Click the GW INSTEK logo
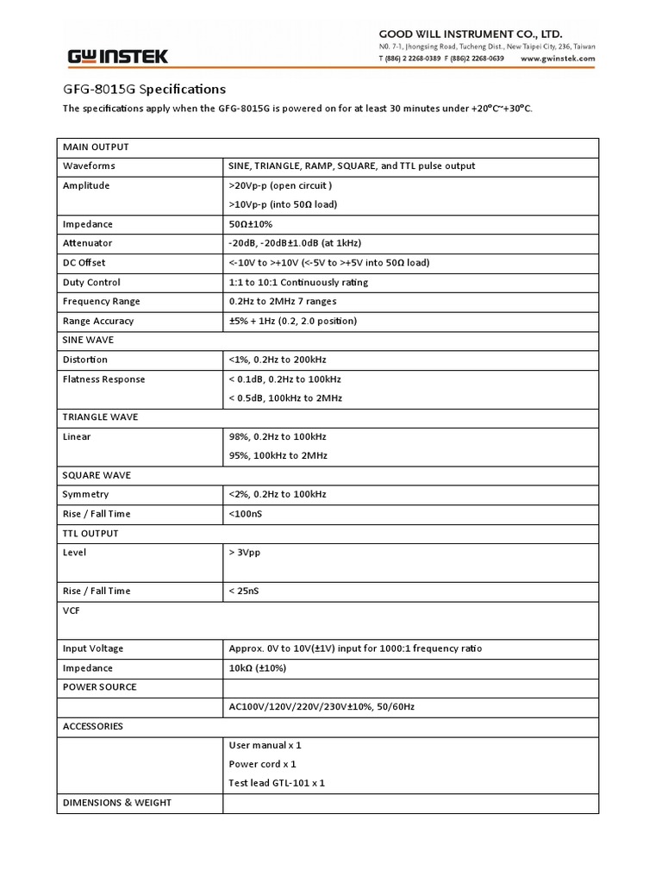click(118, 57)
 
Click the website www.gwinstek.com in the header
click(559, 59)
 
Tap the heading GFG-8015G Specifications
click(145, 89)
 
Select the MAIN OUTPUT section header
click(96, 147)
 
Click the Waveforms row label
click(89, 166)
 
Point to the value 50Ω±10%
click(250, 224)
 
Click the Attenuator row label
click(87, 243)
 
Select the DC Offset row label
click(84, 263)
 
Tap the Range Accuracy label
click(98, 321)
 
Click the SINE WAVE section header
click(88, 341)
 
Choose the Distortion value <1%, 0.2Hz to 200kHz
click(278, 360)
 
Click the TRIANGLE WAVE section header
click(100, 416)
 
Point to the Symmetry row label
click(86, 494)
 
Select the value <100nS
click(247, 514)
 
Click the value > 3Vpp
click(245, 553)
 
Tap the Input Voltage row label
click(93, 648)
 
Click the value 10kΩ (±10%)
click(258, 668)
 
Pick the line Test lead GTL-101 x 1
click(277, 783)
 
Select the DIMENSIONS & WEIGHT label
click(117, 803)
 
